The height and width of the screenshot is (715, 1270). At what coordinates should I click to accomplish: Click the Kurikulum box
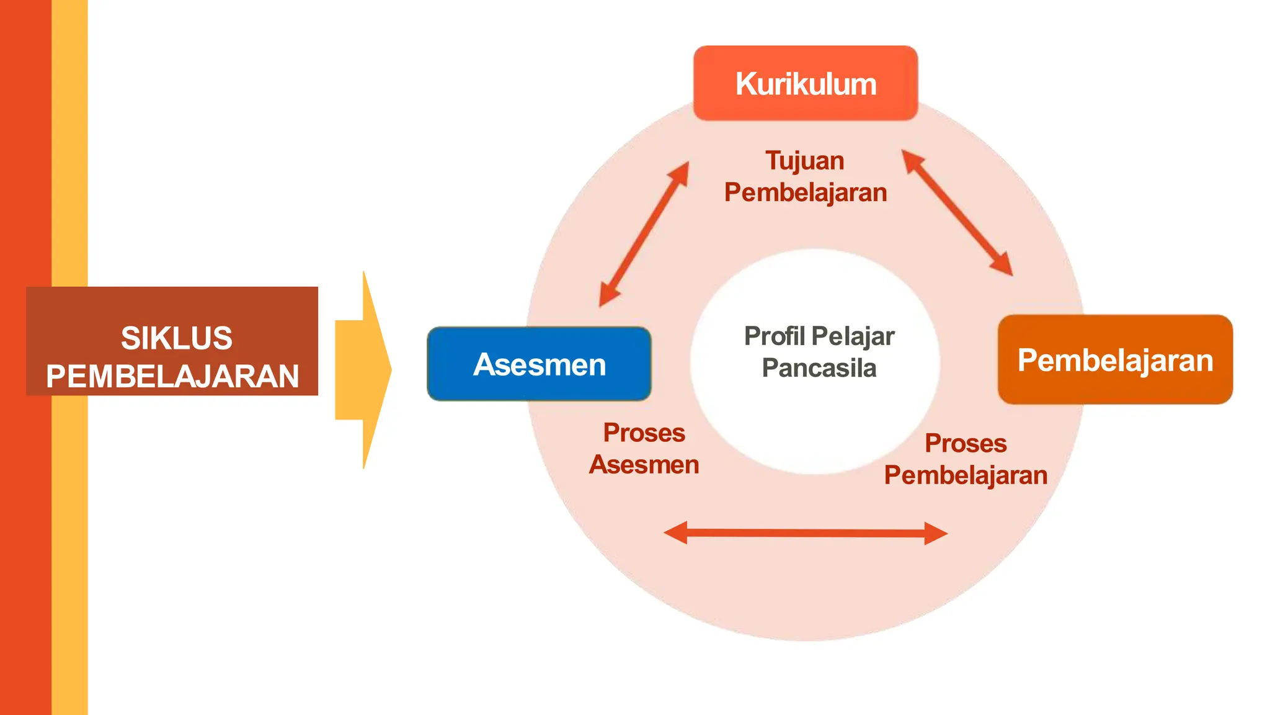[805, 83]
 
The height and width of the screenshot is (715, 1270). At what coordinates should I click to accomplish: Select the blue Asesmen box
[539, 364]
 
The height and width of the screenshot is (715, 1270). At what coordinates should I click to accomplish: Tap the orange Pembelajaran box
[1114, 360]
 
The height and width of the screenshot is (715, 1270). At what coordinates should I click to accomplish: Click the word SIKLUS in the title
[176, 338]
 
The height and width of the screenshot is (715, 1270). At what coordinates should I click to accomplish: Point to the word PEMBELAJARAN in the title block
[172, 377]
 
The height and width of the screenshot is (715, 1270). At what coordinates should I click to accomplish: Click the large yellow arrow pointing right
[364, 370]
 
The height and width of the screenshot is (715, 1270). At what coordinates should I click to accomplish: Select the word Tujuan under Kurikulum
[804, 161]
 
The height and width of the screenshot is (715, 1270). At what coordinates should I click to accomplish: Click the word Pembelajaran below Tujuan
[805, 193]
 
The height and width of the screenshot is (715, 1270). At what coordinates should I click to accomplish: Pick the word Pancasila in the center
[819, 368]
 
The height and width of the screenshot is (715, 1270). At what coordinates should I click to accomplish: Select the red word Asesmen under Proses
[644, 465]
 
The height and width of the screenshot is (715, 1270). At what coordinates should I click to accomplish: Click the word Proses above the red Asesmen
[644, 433]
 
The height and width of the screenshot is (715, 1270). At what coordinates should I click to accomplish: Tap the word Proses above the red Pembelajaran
[965, 444]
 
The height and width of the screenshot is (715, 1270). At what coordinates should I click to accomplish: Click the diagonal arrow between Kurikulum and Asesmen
[644, 234]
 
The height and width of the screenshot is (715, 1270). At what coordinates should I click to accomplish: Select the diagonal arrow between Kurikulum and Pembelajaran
[957, 212]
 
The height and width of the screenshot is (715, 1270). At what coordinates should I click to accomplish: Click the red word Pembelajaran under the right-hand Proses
[965, 475]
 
